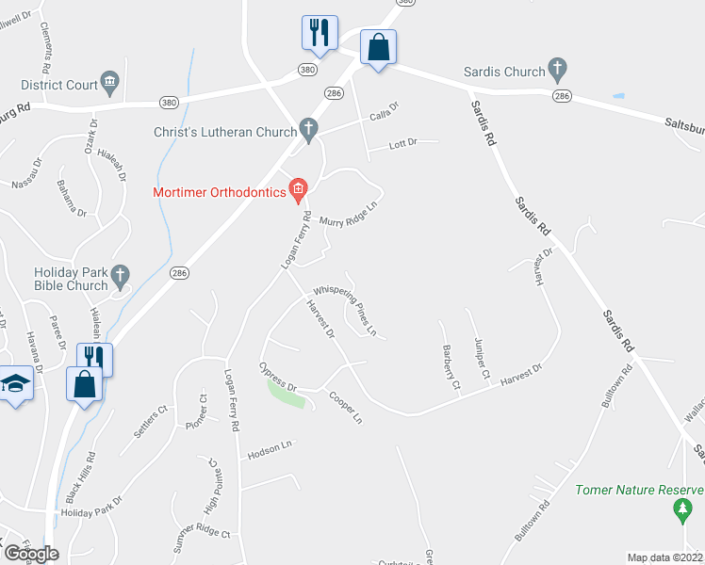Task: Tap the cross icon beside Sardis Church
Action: click(x=558, y=71)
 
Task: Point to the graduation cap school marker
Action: click(x=15, y=383)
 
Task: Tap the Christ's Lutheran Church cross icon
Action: click(x=307, y=128)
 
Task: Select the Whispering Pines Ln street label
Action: click(x=345, y=312)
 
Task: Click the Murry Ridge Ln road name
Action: click(x=354, y=216)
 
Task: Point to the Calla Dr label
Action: click(x=384, y=112)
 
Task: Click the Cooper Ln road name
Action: click(x=345, y=407)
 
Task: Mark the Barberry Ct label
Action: click(x=450, y=367)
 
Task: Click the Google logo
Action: click(x=30, y=554)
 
